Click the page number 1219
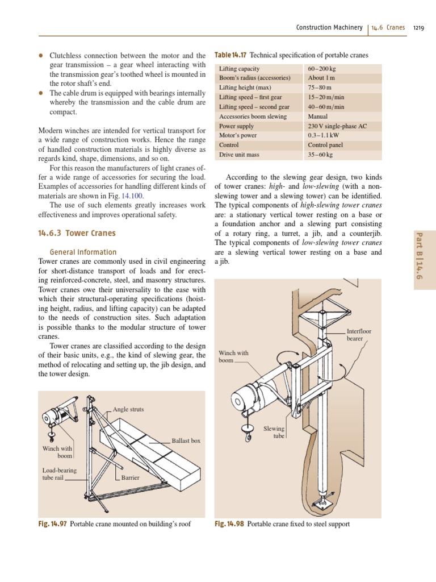tap(419, 27)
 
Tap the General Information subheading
tap(83, 252)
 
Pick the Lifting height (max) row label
tap(246, 88)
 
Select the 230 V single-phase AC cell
tap(337, 126)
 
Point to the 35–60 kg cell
tap(320, 155)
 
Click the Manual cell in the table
tap(317, 117)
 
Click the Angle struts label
tap(129, 409)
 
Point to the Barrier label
tap(131, 478)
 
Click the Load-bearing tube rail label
tap(59, 474)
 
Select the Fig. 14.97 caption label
tap(52, 524)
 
